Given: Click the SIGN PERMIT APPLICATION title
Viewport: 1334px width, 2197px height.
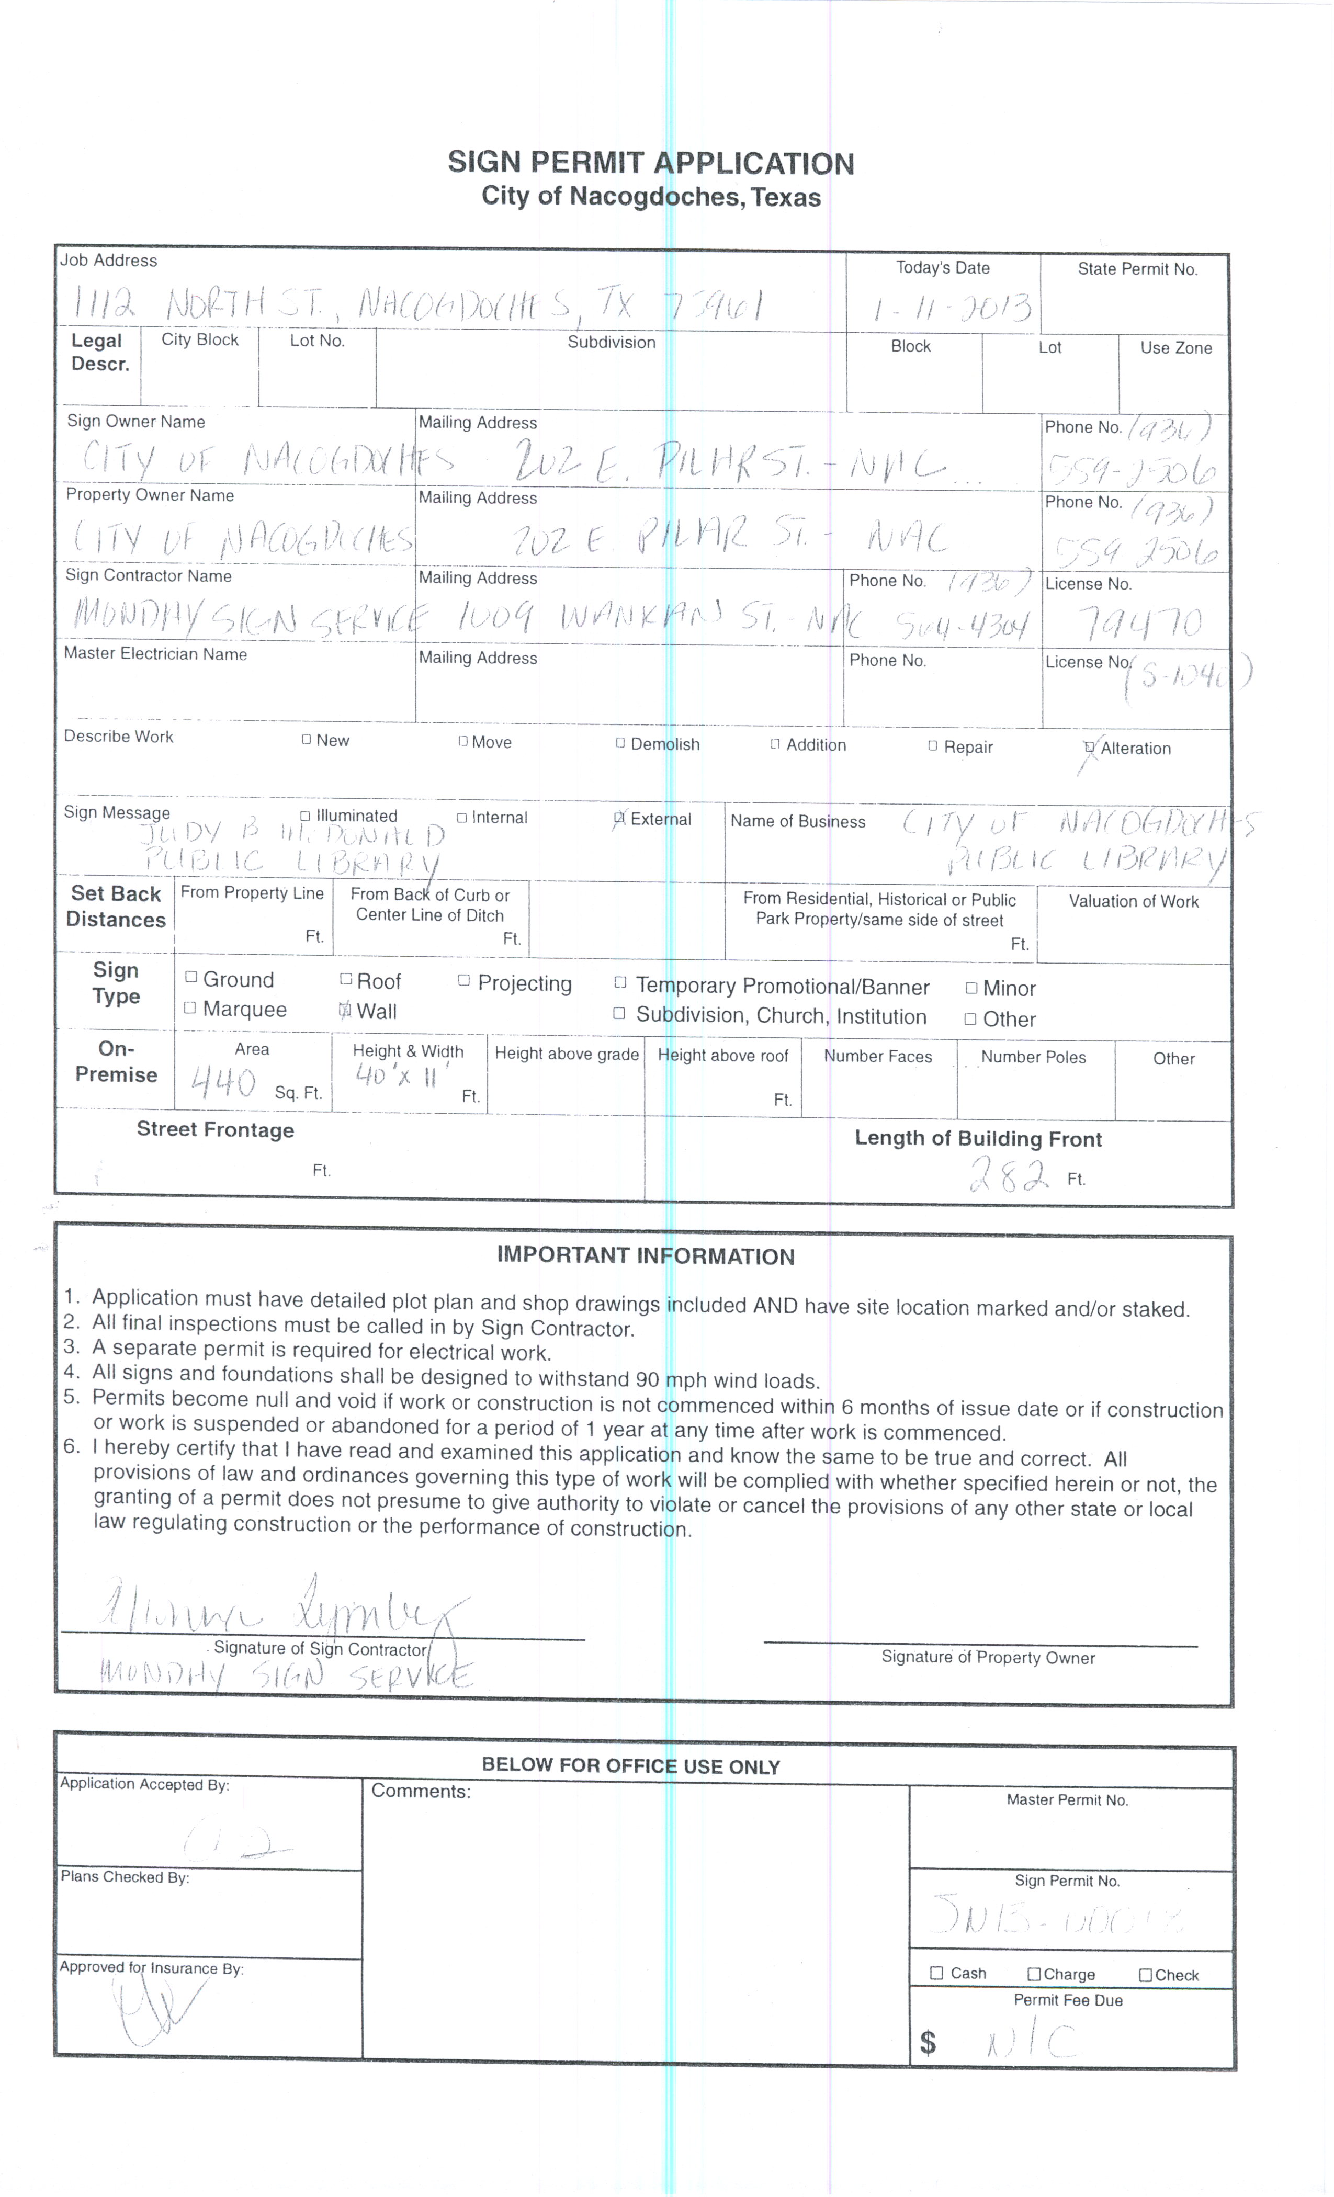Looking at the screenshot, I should (650, 163).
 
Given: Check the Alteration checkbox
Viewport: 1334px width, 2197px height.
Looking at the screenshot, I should (1089, 747).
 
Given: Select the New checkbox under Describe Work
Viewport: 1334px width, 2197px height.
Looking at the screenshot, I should (307, 739).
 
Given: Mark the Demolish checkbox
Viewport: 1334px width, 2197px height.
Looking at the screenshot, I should (620, 743).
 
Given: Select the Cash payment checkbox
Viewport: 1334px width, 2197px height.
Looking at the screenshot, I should (936, 1973).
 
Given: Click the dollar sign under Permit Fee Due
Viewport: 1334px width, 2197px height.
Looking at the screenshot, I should (928, 2042).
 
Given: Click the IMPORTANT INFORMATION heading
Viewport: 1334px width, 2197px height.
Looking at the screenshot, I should (645, 1256).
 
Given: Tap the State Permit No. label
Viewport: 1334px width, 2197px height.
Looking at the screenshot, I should (1137, 269).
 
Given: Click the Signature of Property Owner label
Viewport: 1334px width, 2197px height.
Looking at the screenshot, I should (987, 1658).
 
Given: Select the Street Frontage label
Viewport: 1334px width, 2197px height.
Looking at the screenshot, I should (215, 1130).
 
